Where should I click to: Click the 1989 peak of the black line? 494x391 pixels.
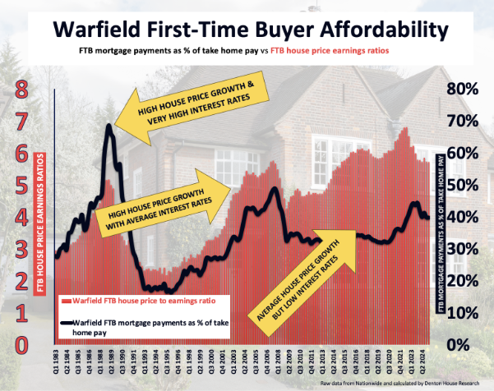pyautogui.click(x=109, y=128)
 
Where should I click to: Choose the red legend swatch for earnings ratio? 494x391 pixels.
pyautogui.click(x=67, y=301)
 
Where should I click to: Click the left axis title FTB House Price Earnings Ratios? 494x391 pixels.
pyautogui.click(x=42, y=227)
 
